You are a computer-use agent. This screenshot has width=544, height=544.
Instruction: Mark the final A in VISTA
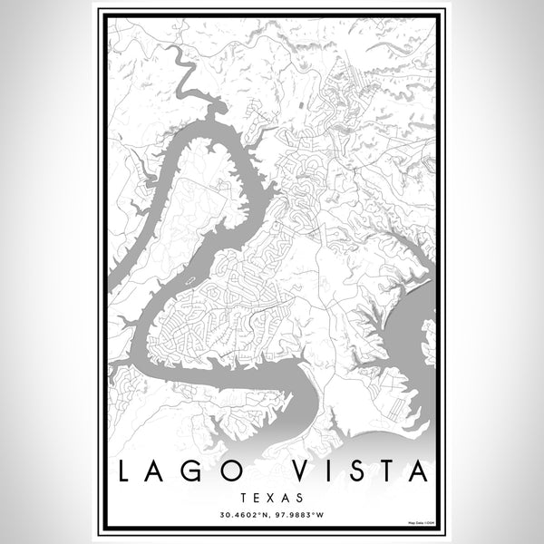pyautogui.click(x=420, y=471)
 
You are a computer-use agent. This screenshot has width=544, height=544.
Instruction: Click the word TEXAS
pyautogui.click(x=272, y=498)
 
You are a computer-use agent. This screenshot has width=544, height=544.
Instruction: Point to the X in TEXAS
pyautogui.click(x=272, y=498)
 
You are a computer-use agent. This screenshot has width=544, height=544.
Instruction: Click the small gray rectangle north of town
pyautogui.click(x=217, y=110)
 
